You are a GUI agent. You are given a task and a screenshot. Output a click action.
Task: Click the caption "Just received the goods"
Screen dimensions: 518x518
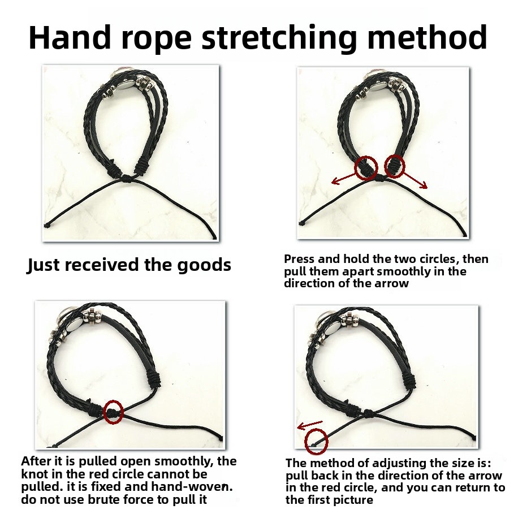(x=129, y=265)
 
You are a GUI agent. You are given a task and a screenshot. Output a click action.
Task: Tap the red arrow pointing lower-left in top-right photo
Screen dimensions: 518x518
(x=344, y=178)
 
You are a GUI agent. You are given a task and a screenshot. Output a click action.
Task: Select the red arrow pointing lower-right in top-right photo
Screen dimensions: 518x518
(x=415, y=180)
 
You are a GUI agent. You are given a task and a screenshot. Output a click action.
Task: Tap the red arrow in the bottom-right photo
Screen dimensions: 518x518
(x=309, y=425)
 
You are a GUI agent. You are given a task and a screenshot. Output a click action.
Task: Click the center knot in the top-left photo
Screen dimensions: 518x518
(x=126, y=179)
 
